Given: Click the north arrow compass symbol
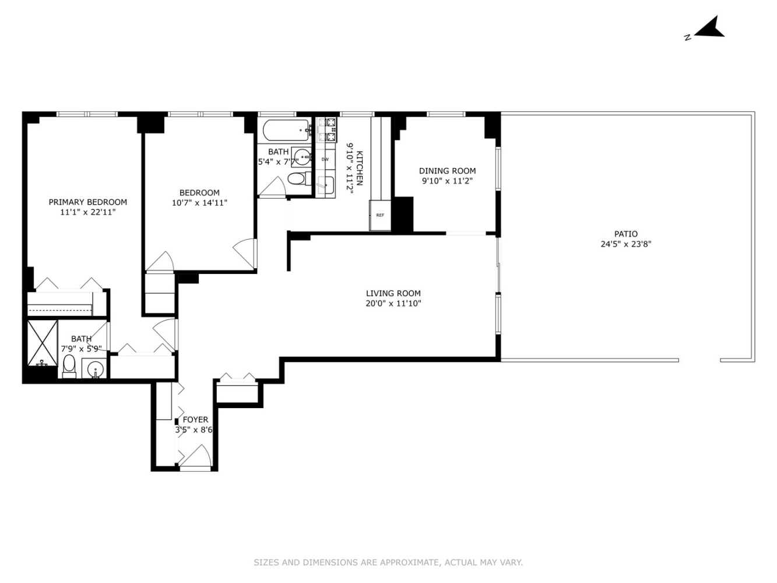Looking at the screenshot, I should [708, 29].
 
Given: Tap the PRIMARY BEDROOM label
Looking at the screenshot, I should [87, 202].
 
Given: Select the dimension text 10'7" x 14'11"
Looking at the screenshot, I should [199, 203].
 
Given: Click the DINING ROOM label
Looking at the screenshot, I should [447, 171].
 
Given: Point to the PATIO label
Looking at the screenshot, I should [625, 234].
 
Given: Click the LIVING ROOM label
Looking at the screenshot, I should [393, 293].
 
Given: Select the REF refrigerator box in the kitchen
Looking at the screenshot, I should [380, 215].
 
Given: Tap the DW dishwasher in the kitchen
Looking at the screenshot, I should [325, 159].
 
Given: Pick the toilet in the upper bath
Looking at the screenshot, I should [297, 178].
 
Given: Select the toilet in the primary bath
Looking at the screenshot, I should [69, 366].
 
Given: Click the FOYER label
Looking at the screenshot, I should [195, 419].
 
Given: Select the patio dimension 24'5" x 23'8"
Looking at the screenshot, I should [625, 244].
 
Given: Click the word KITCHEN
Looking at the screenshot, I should [360, 168].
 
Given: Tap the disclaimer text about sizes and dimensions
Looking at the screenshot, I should [388, 563].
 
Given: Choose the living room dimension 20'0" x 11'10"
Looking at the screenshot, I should [393, 303].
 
